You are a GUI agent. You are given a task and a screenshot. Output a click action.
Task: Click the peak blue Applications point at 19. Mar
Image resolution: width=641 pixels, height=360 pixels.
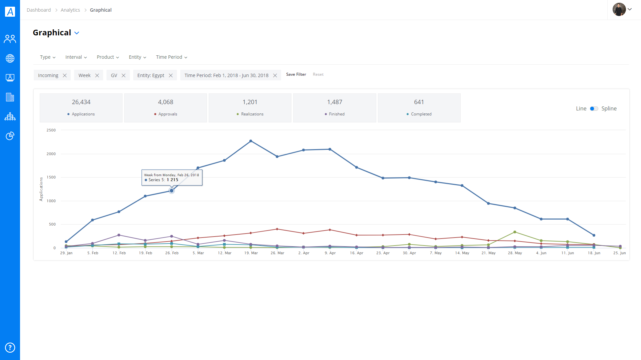(251, 141)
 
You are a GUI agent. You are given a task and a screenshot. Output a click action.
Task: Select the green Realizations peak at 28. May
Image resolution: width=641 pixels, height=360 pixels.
(515, 232)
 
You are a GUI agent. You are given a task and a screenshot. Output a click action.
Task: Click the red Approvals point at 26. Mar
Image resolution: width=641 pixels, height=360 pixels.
(277, 229)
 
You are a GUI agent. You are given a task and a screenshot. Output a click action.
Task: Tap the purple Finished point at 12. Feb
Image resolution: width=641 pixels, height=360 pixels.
(119, 235)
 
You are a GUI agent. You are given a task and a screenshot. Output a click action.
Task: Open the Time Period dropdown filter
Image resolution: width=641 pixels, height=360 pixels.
(172, 57)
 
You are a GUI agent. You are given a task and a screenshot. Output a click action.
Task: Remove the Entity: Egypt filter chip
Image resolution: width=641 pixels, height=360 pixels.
(171, 75)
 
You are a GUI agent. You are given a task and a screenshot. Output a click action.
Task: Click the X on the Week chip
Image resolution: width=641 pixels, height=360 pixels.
(97, 75)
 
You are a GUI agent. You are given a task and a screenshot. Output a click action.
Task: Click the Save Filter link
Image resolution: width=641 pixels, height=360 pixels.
(296, 74)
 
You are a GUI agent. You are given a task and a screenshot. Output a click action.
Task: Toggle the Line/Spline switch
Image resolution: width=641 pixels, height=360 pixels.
(594, 108)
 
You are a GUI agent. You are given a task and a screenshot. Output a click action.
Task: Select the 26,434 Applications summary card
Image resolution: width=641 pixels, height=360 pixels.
(81, 108)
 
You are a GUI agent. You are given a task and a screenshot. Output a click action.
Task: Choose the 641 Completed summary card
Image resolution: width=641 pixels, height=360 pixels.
(419, 108)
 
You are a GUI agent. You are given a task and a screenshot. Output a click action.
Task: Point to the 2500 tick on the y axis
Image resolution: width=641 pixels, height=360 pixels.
(51, 130)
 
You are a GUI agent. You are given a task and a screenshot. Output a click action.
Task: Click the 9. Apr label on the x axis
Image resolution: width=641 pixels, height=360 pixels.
(330, 253)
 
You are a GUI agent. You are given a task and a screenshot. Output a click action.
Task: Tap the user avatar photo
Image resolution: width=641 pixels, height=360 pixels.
(619, 9)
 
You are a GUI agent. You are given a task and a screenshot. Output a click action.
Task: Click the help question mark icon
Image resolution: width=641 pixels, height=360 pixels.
(10, 348)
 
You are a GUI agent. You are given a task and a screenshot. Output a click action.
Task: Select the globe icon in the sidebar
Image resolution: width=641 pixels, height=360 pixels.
(10, 58)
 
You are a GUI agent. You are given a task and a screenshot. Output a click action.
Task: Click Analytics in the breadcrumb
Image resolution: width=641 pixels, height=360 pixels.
(70, 10)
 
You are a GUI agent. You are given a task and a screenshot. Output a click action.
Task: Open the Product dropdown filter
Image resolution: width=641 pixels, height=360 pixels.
(108, 57)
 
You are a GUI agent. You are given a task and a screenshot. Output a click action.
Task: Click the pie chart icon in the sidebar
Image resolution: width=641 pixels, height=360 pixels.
(10, 136)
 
